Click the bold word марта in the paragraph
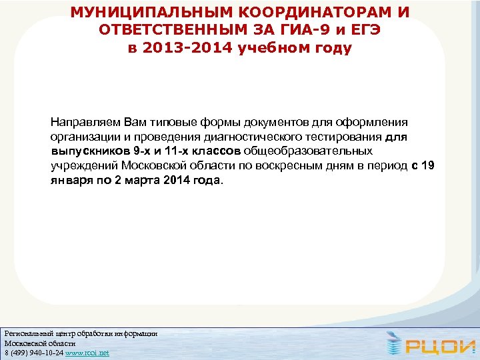144,180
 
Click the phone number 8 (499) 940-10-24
33,353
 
